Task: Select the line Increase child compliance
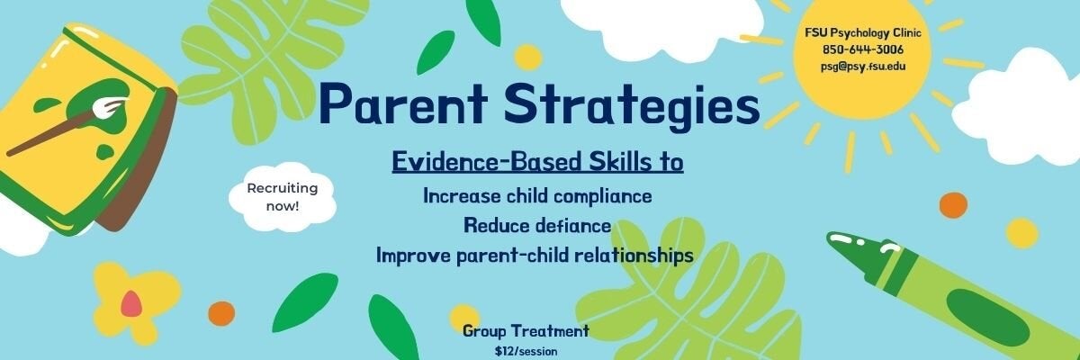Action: point(537,195)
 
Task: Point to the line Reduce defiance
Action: point(537,225)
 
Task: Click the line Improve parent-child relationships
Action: point(535,255)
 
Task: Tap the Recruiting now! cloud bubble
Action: point(283,197)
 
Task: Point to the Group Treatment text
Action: point(526,331)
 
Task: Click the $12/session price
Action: point(526,351)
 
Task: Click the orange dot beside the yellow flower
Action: point(221,313)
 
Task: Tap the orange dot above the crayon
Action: point(952,205)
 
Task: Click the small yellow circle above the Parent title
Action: point(528,57)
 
